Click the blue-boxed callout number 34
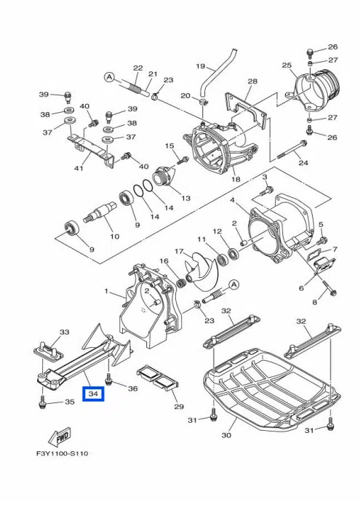93,394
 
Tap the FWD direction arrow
59,437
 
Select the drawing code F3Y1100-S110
62,453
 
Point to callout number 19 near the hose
201,66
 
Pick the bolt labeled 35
41,402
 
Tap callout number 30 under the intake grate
226,435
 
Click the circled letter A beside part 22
110,77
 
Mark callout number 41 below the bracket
79,168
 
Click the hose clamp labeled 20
202,103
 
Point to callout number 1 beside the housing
107,291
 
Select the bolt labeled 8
329,287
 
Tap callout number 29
179,406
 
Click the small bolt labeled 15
183,159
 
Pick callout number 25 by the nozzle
287,65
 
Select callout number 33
65,331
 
